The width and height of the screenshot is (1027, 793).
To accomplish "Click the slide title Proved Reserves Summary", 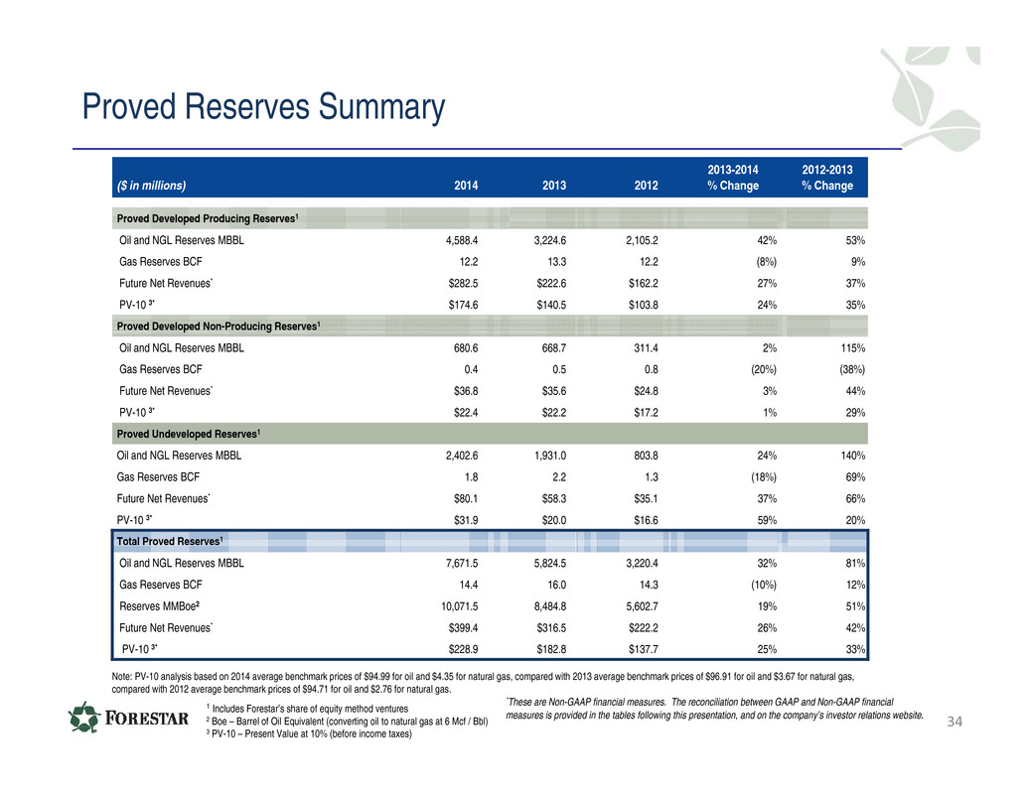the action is [263, 106].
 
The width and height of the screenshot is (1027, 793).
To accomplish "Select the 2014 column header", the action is [466, 186].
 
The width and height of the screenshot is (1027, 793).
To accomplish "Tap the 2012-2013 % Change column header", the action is [827, 178].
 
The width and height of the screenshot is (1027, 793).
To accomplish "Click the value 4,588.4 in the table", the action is [462, 240].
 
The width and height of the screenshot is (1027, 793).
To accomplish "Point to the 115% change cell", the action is [853, 348].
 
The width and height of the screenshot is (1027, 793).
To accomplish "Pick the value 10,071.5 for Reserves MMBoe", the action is [459, 606].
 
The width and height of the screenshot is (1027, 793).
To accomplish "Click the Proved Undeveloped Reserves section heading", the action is [189, 434].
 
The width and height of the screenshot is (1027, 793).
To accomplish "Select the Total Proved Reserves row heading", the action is [170, 541].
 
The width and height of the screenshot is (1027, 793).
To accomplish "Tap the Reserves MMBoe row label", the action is [159, 606].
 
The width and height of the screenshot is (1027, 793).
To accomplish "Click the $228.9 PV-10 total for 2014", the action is [463, 649].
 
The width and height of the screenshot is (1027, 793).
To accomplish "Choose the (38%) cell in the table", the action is [852, 369].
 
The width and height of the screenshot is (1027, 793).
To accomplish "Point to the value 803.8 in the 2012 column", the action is [646, 456].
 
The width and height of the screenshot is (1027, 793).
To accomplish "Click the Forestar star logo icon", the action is [84, 718].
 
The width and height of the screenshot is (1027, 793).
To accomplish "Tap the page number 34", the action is [954, 722].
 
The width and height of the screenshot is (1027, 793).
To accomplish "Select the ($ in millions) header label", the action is [151, 186].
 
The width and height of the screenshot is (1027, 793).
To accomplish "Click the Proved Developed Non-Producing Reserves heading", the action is [219, 326].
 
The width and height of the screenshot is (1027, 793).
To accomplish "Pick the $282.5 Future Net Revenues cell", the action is [463, 283].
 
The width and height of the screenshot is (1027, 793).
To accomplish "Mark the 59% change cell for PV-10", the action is [767, 520].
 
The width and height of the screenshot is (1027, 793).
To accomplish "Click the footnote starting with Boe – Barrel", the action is [348, 721].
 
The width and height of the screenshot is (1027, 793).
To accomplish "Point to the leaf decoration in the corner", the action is [935, 97].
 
